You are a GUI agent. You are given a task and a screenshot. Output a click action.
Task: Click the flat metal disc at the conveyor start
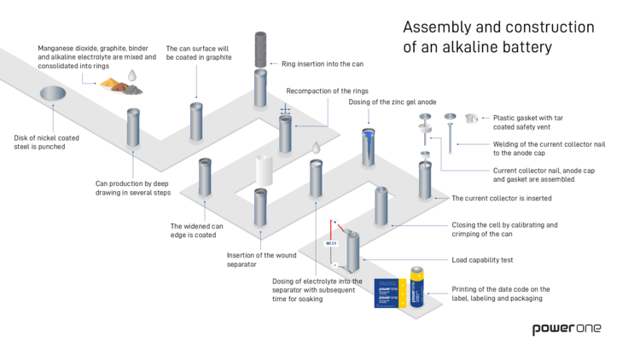coord(53,93)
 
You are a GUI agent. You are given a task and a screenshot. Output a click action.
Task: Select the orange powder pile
coord(110,83)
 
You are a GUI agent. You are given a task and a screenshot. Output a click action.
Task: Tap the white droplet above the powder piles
coord(132,75)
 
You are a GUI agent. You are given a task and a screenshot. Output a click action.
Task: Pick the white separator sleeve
coord(265,171)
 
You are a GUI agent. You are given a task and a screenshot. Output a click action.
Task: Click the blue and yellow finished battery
coord(416,287)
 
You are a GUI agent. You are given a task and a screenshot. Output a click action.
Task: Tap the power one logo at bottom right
coord(566,328)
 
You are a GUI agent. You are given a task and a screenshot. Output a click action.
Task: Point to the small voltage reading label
coord(331,243)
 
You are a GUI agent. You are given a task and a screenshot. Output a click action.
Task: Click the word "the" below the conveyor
coord(357,282)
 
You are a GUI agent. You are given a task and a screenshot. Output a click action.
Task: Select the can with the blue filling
coord(368,147)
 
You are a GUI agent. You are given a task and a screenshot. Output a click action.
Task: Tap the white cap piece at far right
coord(471,119)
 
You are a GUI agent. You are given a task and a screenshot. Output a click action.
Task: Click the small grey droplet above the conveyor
coord(317,148)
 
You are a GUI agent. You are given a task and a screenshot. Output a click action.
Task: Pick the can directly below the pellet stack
coord(260,89)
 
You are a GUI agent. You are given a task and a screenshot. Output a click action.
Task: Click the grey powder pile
coord(132,90)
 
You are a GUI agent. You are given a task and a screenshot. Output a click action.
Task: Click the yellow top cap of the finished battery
coord(416,271)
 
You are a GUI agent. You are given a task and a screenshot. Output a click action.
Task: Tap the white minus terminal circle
coord(335,264)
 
